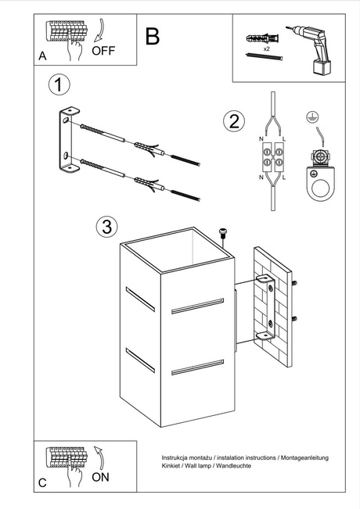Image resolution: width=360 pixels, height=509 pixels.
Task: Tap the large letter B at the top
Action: (153, 36)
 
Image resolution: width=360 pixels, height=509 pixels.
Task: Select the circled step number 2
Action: (232, 121)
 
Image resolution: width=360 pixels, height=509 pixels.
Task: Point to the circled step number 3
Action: (107, 227)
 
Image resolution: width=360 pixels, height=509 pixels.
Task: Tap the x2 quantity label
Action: (266, 48)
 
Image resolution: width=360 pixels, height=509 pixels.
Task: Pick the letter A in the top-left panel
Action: (42, 56)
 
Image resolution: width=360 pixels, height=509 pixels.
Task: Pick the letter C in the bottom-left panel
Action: (42, 483)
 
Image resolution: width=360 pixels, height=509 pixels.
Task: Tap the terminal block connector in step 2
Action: (272, 159)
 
